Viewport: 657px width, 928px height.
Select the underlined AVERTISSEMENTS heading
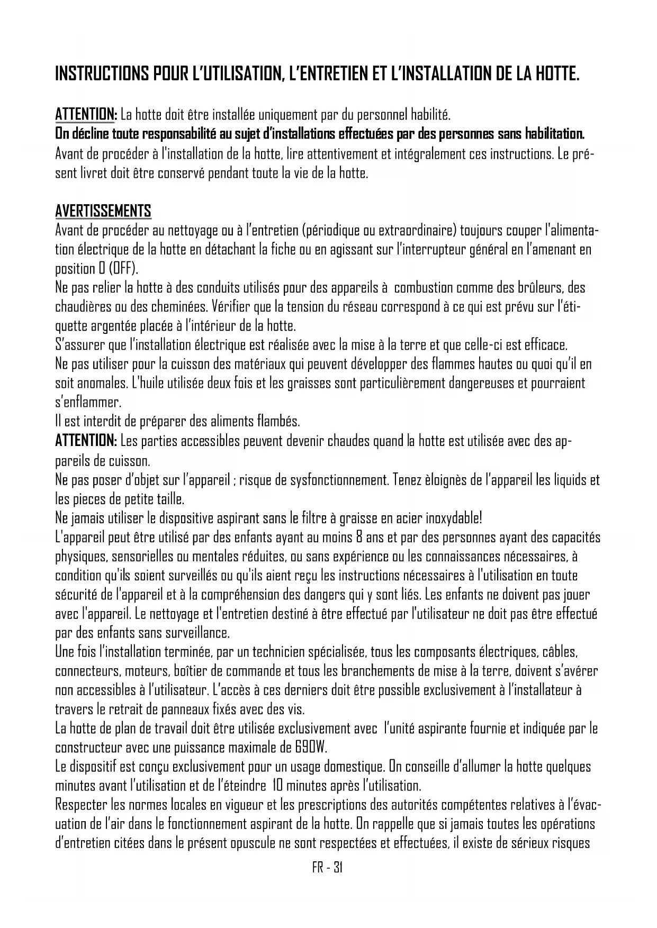103,211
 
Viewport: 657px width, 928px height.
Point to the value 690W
311,748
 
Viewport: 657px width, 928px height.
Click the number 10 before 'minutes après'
277,786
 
